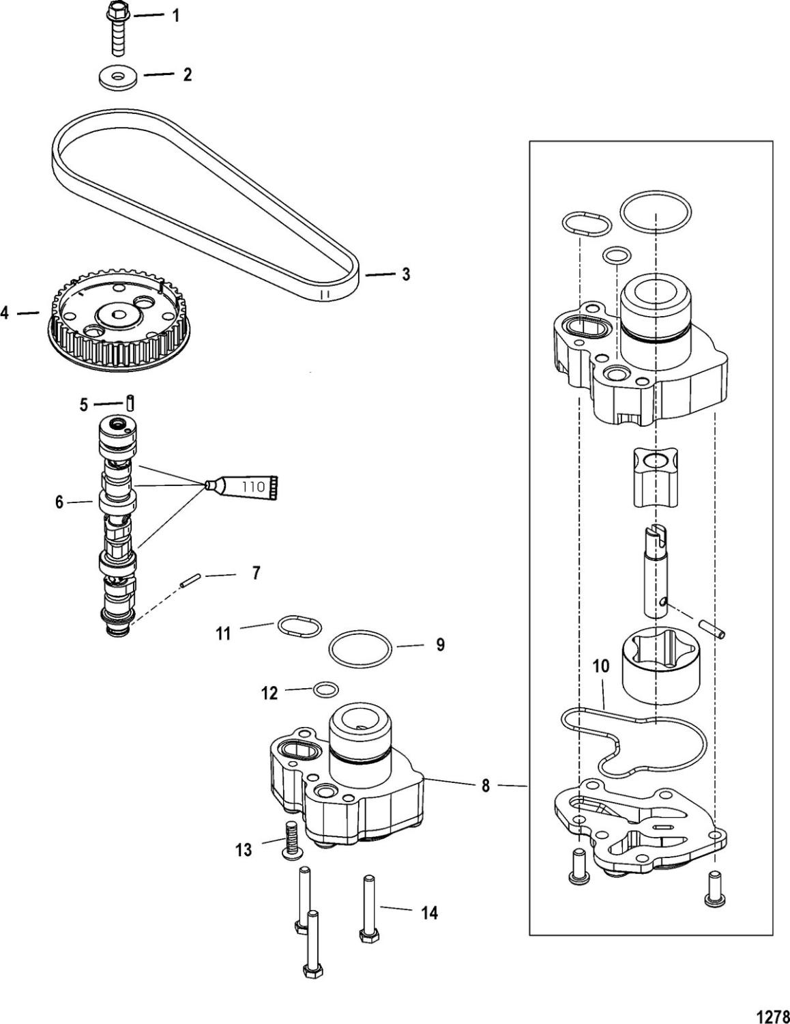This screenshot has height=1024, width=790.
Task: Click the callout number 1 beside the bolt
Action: coord(176,16)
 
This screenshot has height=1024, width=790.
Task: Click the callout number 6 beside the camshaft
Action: coord(59,503)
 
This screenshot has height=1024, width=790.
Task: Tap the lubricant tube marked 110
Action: coord(249,486)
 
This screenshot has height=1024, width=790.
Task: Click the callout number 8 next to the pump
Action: coord(485,786)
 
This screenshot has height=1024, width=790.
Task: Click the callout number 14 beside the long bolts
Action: coord(429,913)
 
